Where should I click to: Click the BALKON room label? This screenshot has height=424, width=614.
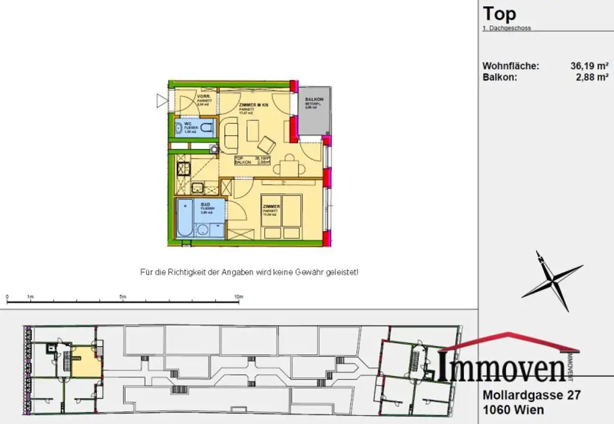[315, 99]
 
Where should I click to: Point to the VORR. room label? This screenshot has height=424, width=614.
[203, 96]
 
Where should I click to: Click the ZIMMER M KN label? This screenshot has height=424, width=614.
[254, 105]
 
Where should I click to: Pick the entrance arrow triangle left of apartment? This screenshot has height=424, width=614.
[161, 100]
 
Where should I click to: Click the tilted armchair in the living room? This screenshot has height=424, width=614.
[266, 144]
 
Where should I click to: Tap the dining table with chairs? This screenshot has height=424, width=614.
[290, 165]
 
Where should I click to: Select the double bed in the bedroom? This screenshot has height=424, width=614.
[282, 213]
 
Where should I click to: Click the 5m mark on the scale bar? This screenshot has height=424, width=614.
[123, 296]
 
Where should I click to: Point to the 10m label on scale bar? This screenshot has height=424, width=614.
[238, 296]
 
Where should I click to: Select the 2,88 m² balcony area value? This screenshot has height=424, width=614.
[593, 77]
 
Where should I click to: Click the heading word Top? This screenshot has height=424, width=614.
[499, 14]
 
